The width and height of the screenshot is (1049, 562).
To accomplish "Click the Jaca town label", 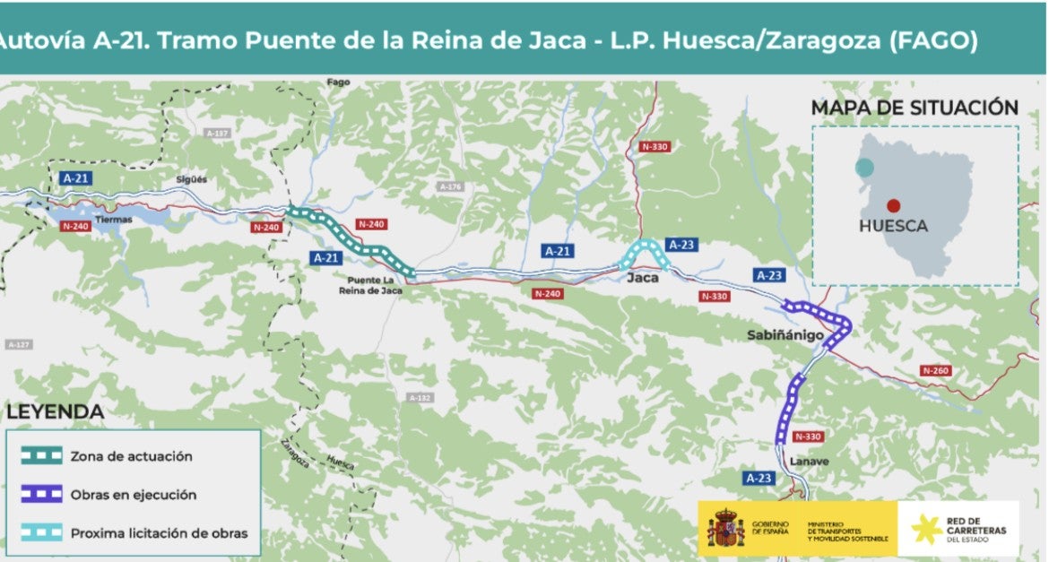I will tap(642, 278).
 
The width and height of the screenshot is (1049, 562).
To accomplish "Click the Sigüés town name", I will tap(191, 179).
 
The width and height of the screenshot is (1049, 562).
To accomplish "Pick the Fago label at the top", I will tap(338, 82).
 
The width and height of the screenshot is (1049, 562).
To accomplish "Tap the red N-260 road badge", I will tap(934, 371).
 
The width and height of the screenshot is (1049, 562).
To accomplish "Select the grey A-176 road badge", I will tap(449, 186).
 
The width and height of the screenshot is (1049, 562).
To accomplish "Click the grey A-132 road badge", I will tap(419, 397).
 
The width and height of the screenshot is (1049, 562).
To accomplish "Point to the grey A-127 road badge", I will tap(18, 344).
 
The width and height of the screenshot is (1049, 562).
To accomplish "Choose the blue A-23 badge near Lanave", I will tap(759, 478).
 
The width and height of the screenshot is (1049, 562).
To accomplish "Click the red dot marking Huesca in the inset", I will tap(893, 205).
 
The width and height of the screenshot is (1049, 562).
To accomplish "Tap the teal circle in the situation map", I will tap(864, 168).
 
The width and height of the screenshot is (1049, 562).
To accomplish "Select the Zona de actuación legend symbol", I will tap(41, 456).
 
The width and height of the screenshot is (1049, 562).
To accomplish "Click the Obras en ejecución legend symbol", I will tap(41, 495).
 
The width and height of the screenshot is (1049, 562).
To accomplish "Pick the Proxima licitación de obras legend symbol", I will tap(41, 533).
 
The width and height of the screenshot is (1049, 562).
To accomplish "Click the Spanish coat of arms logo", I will tap(725, 527).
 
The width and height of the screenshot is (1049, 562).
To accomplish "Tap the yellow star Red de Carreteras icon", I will tap(925, 529).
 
